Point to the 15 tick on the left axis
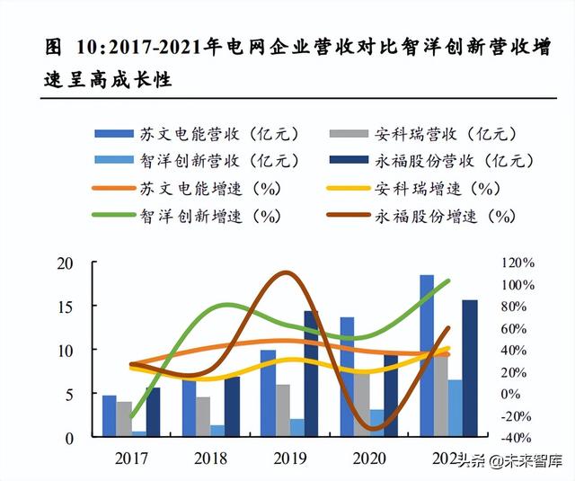click(x=65, y=306)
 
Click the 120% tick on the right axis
click(x=517, y=263)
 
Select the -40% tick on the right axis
click(x=517, y=438)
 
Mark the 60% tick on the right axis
click(x=517, y=328)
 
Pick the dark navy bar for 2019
click(x=311, y=373)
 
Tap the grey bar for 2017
click(x=124, y=419)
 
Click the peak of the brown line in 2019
click(x=285, y=272)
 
